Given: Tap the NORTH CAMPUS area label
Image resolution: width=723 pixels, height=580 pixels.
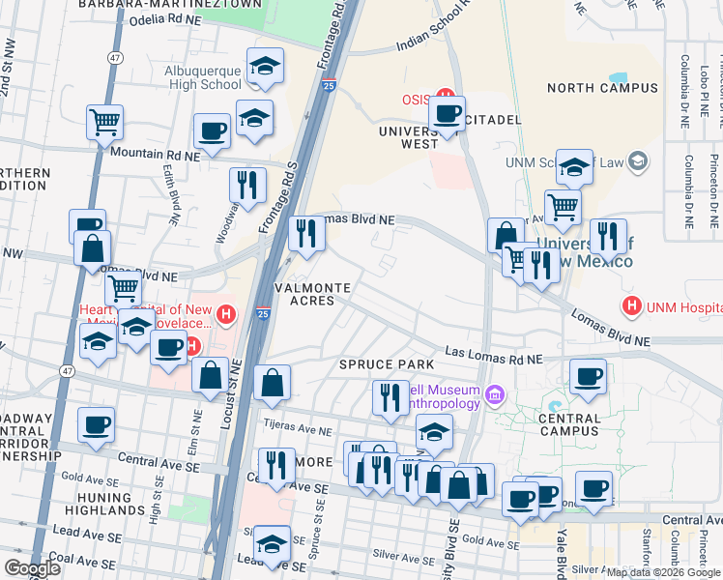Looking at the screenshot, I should pos(602,88).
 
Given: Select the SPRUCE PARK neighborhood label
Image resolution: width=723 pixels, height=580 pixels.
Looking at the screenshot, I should pos(378,364).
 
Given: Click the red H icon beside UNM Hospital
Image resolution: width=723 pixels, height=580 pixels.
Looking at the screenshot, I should pos(632,306).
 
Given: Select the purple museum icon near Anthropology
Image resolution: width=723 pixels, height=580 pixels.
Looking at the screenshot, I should pos(496,392).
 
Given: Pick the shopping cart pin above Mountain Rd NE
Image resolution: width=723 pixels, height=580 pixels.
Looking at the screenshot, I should pos(104,123).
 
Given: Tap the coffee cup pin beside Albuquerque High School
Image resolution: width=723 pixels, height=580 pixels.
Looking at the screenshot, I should pos(212,131).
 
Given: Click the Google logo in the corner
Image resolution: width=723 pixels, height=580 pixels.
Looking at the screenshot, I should pos(32,568).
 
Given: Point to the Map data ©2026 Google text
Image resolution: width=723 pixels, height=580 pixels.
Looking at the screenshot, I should pos(663,572).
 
